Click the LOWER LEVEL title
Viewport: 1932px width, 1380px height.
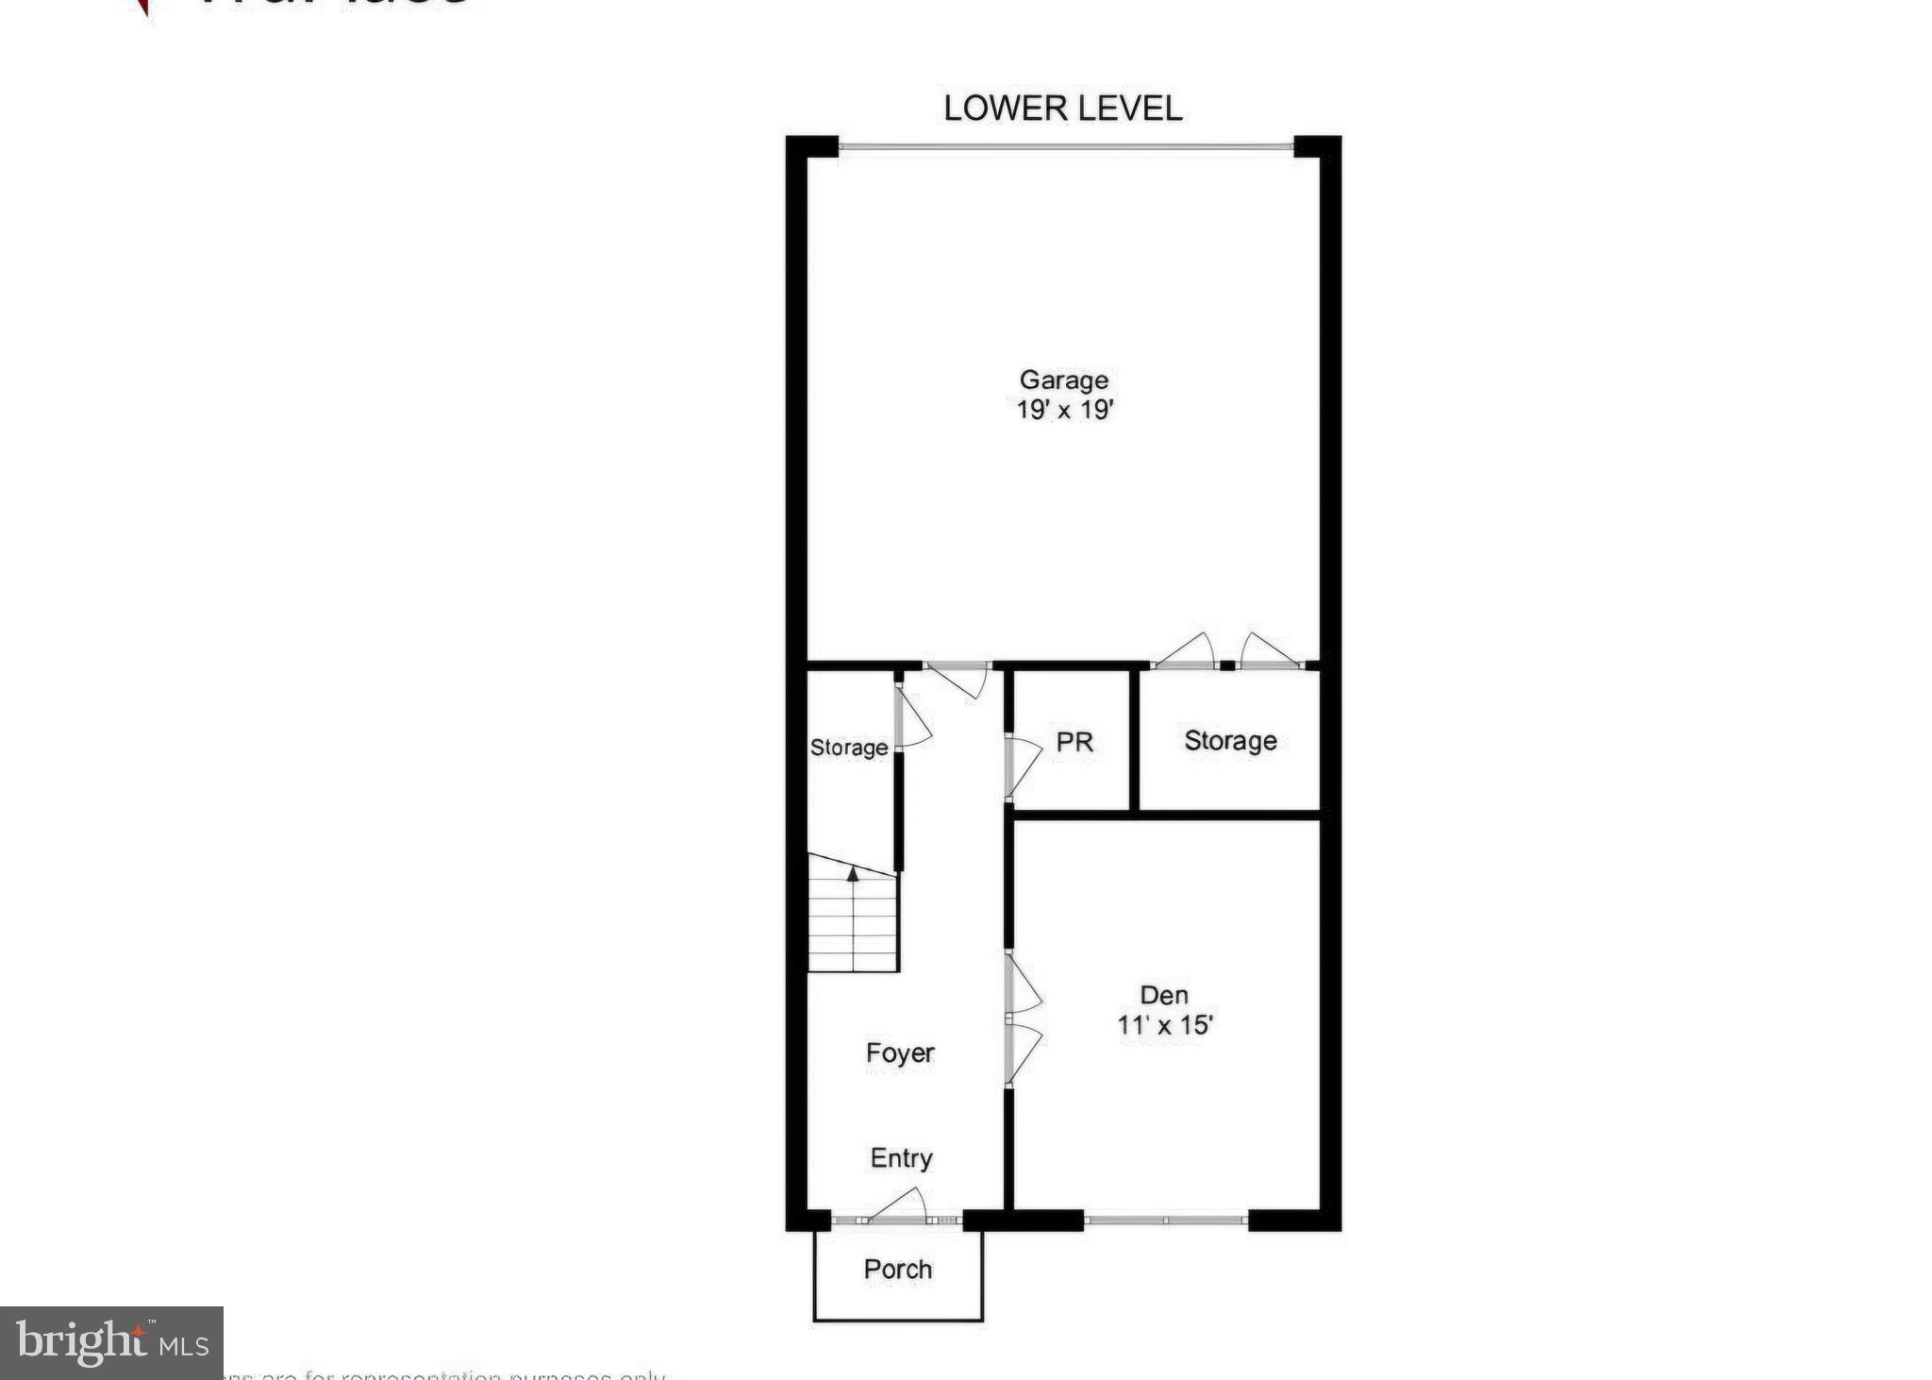(1062, 109)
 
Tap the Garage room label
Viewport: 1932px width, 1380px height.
(1063, 379)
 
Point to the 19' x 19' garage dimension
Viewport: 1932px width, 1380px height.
(1065, 410)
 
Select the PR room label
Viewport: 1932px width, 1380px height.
(1074, 742)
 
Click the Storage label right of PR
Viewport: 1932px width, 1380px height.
(1230, 741)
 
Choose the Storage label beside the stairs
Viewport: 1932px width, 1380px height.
(849, 748)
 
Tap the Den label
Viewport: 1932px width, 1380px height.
(1164, 994)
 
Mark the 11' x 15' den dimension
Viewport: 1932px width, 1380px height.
(1164, 1025)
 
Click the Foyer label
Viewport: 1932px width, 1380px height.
(900, 1052)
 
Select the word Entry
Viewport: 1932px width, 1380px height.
(901, 1158)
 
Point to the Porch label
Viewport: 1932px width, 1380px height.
(898, 1270)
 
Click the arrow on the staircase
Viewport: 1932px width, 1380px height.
(853, 875)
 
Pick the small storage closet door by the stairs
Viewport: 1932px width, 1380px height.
(911, 719)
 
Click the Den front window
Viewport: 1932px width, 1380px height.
(1166, 1220)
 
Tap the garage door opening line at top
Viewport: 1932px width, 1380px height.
(1065, 146)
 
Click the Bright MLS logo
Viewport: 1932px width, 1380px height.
(111, 1342)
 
